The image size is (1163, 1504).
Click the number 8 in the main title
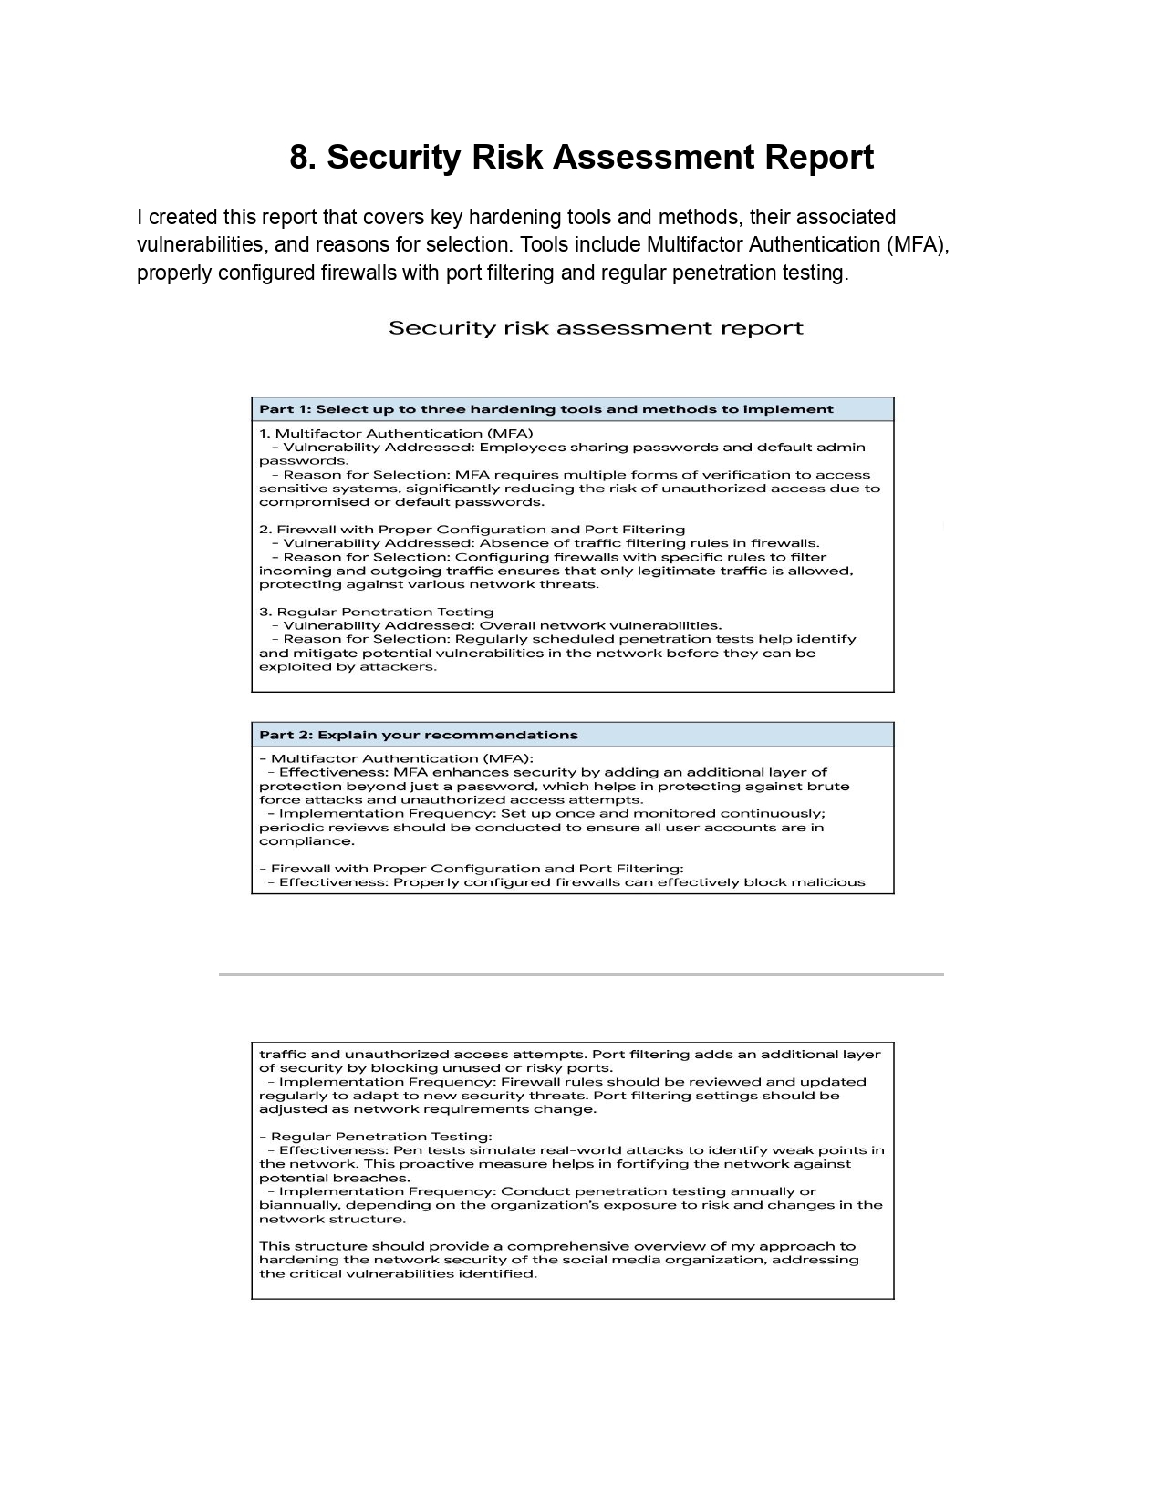click(299, 158)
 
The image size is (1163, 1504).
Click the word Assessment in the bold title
click(653, 158)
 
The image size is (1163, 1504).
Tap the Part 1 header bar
click(572, 409)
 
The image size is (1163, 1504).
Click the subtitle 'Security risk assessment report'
click(596, 328)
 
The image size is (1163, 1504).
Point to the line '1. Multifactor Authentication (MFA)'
click(396, 434)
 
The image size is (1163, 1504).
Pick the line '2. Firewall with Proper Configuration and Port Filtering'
click(472, 530)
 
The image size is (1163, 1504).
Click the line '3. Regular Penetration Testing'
click(376, 612)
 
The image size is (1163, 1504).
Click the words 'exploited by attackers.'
click(348, 667)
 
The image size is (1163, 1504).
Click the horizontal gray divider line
click(581, 974)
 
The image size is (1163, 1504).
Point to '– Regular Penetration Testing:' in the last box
click(376, 1137)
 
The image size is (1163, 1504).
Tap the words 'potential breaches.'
click(334, 1178)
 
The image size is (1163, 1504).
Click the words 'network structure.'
click(332, 1220)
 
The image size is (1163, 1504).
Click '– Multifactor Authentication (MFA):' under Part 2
click(397, 758)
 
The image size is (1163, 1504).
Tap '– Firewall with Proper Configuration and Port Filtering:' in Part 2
click(471, 869)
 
